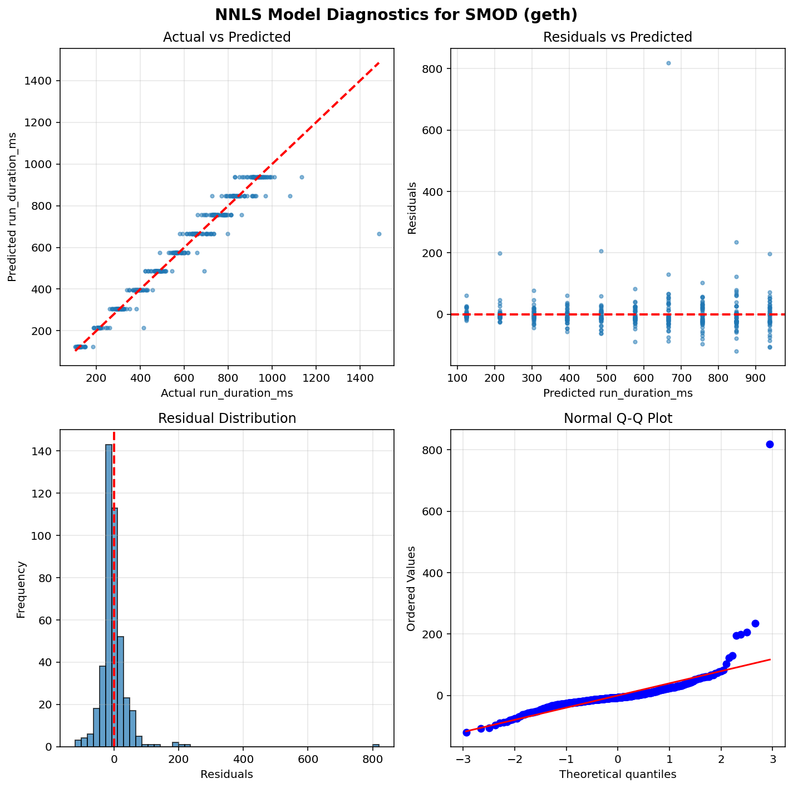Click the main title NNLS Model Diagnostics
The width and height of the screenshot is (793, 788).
coord(396,14)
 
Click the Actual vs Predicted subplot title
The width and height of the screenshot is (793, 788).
coord(226,37)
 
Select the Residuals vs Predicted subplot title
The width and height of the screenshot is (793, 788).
coord(617,37)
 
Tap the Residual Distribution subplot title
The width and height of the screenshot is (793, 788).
coord(226,418)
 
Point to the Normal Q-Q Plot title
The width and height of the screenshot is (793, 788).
coord(618,418)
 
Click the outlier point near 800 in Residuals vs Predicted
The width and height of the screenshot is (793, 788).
coord(668,63)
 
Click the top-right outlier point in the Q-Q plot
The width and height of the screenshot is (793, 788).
coord(770,444)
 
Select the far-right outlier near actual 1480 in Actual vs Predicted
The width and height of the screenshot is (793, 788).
coord(379,234)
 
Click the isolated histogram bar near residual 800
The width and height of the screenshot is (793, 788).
coord(376,745)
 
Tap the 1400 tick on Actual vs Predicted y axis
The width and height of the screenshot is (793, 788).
coord(43,81)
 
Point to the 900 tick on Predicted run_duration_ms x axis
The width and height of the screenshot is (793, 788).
coord(755,378)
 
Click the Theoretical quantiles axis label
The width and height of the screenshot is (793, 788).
coord(618,774)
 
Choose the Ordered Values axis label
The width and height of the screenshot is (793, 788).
coord(411,588)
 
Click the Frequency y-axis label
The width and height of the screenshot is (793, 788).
coord(21,589)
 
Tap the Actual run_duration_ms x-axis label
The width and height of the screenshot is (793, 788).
coord(226,393)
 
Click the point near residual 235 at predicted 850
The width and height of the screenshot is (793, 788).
coord(736,242)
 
